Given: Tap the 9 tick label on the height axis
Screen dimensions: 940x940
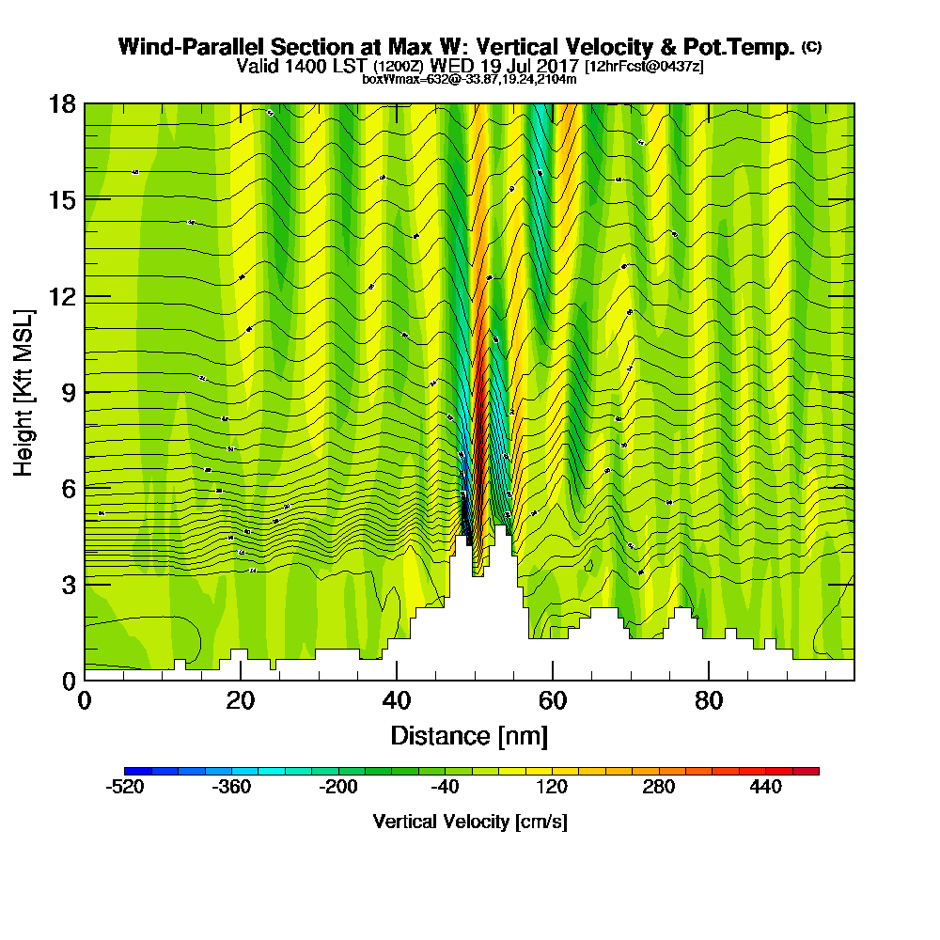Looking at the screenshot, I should pos(68,392).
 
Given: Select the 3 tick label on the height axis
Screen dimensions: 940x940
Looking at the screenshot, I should pos(68,584).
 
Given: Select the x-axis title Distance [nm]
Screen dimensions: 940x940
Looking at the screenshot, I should pos(469,735).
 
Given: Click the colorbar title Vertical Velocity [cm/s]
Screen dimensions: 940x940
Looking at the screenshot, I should pos(470,822).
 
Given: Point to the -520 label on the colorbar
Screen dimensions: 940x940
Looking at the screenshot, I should pos(124,788).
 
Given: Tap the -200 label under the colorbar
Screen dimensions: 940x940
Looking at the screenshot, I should pos(338,788).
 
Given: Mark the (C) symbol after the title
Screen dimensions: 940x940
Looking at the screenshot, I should pos(811,47).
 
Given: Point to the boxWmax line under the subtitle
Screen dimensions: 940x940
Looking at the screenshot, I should pos(469,79).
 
